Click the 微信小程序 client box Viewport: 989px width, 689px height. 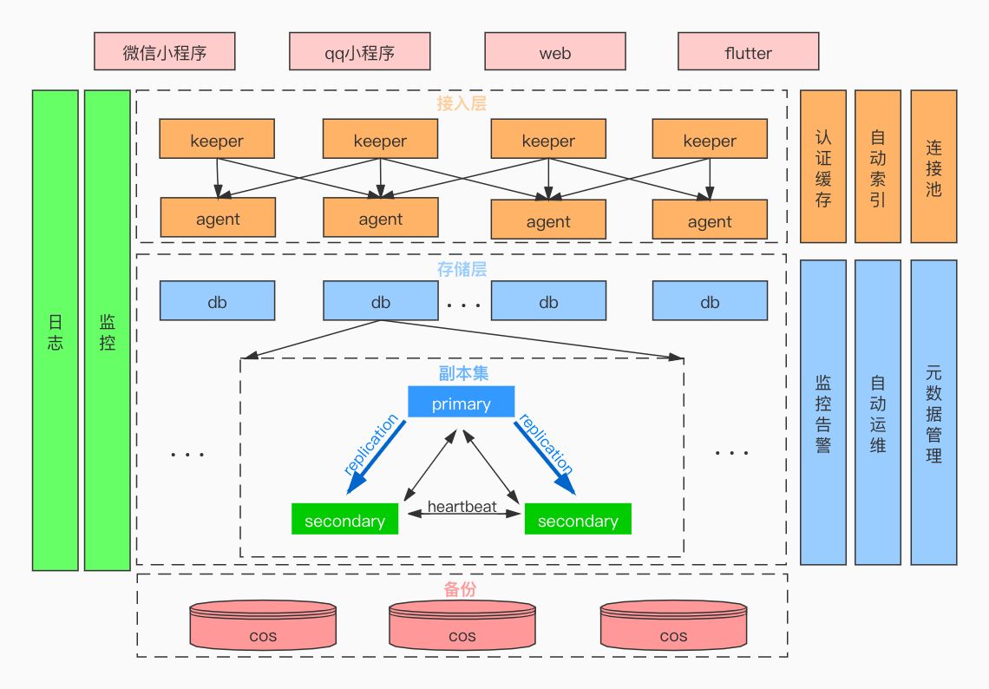click(165, 52)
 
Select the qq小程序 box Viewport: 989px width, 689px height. click(360, 52)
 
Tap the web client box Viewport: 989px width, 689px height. click(555, 52)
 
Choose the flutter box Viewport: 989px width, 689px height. click(748, 52)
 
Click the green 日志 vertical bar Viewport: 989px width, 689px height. click(56, 330)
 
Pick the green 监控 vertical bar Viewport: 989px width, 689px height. click(107, 330)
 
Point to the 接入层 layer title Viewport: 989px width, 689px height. click(462, 103)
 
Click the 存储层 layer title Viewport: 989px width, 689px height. click(462, 269)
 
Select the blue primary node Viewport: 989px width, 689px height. click(462, 403)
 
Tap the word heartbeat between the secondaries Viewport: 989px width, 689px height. click(462, 507)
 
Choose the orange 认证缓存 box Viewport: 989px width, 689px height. click(822, 167)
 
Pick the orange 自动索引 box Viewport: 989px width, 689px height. click(878, 167)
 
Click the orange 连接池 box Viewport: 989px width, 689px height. click(933, 167)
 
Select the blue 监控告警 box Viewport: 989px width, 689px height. click(822, 412)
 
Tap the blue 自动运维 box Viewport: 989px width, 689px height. click(878, 412)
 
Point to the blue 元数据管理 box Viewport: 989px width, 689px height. click(933, 412)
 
